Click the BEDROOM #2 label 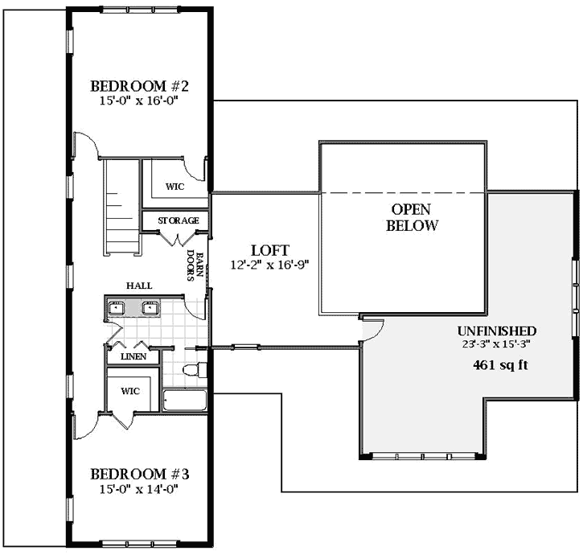(x=139, y=86)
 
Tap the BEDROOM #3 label (x=139, y=473)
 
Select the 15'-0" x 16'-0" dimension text (x=139, y=101)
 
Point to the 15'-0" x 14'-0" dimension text (x=139, y=487)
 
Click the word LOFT (x=269, y=250)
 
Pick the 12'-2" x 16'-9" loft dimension (x=269, y=264)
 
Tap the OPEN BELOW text (x=412, y=217)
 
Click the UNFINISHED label (x=496, y=331)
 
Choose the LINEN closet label (x=133, y=356)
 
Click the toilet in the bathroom (x=194, y=370)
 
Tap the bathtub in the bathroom (x=185, y=401)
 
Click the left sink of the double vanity (x=117, y=307)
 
